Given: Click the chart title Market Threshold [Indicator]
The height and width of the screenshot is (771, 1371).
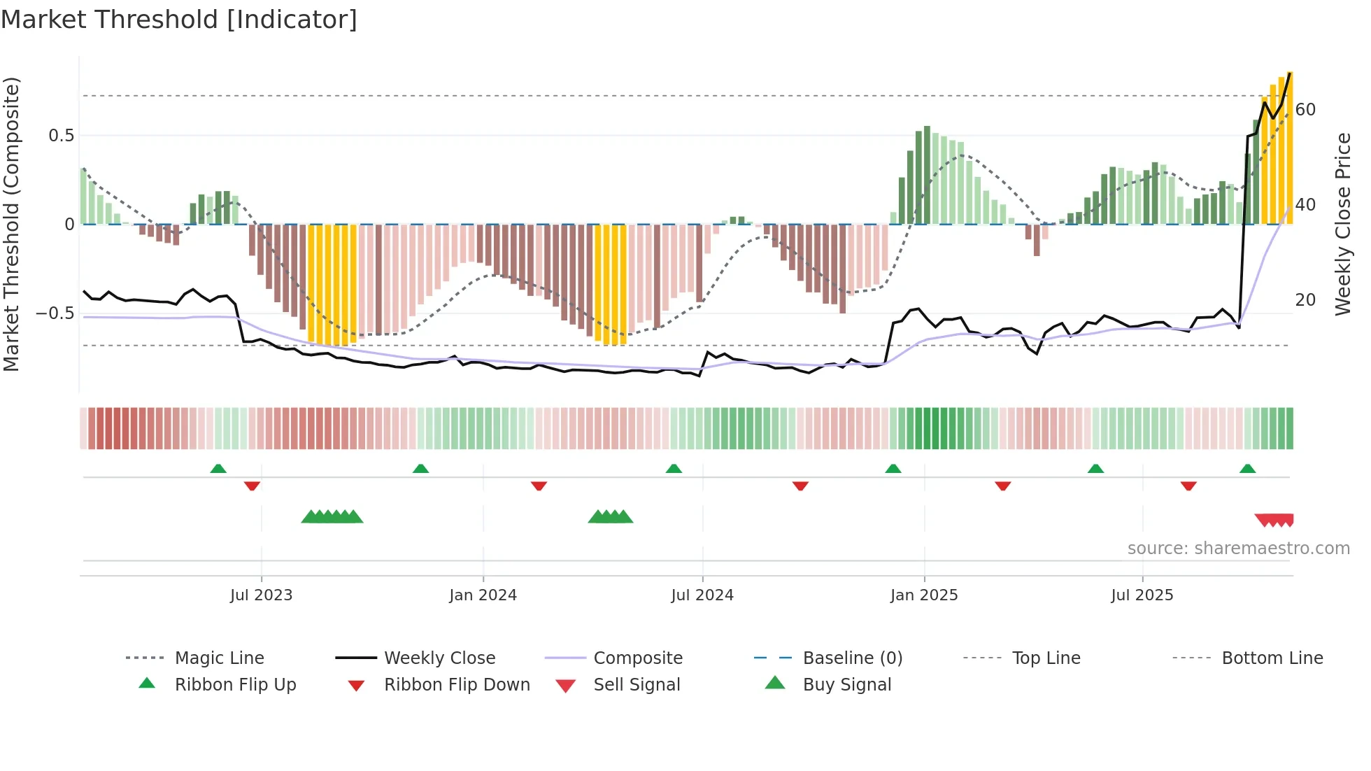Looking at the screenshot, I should click(179, 20).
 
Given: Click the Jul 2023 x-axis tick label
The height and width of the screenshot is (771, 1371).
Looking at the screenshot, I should click(261, 595).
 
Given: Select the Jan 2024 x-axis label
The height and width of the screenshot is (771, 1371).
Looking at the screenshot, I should click(483, 595).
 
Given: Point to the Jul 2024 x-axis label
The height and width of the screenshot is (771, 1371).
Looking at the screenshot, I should click(702, 595).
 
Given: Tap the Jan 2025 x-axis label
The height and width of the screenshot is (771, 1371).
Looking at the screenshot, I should click(924, 595).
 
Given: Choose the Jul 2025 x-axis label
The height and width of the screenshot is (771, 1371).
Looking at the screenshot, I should click(1142, 595).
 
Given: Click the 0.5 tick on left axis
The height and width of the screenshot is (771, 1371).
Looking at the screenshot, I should click(61, 136).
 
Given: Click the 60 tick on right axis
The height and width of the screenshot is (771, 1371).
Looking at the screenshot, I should click(1305, 110).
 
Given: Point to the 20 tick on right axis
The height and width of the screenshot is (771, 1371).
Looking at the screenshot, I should click(1305, 300).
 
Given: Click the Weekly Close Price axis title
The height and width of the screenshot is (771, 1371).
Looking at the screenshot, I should click(1343, 224).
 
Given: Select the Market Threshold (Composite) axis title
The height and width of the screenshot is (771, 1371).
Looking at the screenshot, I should click(11, 224).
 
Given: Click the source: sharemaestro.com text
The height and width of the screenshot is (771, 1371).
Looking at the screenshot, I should click(1238, 549).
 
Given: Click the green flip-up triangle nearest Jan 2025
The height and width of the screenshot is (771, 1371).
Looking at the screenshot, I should click(893, 469).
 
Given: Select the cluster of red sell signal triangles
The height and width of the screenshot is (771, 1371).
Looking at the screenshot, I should click(1274, 520).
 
